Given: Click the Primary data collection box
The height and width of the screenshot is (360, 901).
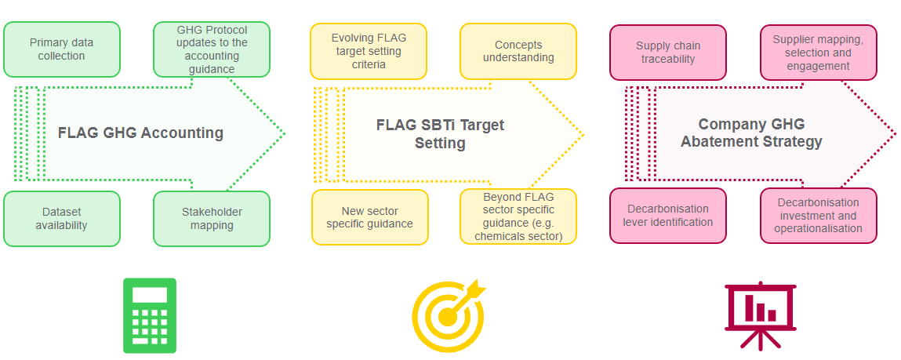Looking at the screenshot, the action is (61, 49).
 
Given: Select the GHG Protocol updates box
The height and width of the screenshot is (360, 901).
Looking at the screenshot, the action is (212, 49).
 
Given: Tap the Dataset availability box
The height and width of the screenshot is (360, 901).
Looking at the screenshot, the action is (61, 219).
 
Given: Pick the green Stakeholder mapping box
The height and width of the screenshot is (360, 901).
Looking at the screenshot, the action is (212, 219).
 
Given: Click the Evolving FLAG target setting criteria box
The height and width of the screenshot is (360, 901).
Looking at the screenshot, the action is (369, 51).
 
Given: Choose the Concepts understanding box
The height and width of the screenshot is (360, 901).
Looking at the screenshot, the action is (518, 51).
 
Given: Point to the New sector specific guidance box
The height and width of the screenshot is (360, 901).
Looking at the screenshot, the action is (370, 216).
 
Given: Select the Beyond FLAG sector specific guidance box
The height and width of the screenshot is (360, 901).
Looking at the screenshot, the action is (518, 216).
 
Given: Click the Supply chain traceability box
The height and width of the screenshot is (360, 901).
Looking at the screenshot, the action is (667, 53).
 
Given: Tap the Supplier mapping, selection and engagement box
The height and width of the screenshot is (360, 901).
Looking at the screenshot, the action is (818, 53).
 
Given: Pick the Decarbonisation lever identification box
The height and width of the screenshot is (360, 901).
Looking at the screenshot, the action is (667, 216).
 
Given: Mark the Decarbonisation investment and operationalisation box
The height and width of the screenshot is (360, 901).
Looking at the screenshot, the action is (818, 216).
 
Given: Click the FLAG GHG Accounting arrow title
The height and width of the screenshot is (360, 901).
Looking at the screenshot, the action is (141, 133).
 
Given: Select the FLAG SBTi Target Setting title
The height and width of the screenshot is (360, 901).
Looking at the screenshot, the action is (440, 134).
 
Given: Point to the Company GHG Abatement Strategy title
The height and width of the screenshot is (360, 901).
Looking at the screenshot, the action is (751, 133).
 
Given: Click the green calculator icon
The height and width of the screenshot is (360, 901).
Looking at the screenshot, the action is (150, 315).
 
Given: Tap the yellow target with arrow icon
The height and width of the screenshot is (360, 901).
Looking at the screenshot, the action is (449, 316).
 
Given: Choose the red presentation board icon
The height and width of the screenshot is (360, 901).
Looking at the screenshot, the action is (760, 316).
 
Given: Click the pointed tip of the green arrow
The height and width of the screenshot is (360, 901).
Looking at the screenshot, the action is (285, 133).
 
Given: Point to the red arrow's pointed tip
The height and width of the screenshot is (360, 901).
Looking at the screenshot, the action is (896, 134).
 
